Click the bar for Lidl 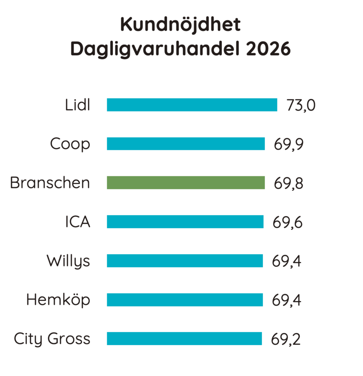tap(192, 105)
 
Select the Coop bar tap(186, 144)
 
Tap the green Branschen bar tap(186, 183)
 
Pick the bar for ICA tap(185, 222)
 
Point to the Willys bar tap(185, 261)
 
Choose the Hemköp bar tap(185, 300)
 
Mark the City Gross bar tap(184, 339)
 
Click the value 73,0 tap(301, 105)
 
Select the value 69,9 tap(289, 144)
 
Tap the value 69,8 tap(289, 184)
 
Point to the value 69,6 tap(287, 222)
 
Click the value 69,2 tap(286, 339)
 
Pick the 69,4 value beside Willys tap(286, 261)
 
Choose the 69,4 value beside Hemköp tap(286, 300)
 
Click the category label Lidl tap(77, 105)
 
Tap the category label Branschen tap(50, 183)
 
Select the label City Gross tap(52, 339)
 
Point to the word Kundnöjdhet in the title tap(180, 25)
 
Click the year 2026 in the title tap(268, 49)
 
